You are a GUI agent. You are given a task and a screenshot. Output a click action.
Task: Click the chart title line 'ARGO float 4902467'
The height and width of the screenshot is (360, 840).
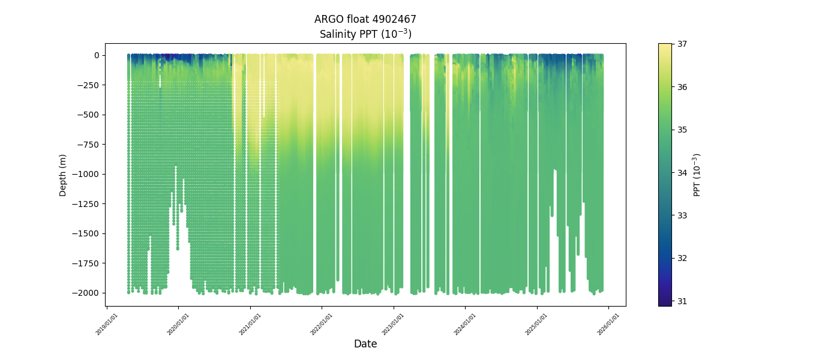(x=365, y=19)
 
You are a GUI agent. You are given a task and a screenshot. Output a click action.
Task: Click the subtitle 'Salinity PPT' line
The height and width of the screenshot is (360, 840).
(x=365, y=34)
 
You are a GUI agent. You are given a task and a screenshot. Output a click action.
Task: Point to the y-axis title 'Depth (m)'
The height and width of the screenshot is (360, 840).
(x=63, y=175)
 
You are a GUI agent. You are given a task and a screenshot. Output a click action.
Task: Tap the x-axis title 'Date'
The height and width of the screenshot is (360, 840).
(x=365, y=344)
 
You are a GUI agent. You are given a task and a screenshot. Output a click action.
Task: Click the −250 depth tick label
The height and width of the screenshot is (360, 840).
(x=89, y=85)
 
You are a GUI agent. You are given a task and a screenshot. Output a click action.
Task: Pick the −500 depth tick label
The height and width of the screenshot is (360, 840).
(x=89, y=115)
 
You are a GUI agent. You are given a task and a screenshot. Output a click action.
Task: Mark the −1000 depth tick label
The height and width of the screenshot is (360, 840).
(x=87, y=174)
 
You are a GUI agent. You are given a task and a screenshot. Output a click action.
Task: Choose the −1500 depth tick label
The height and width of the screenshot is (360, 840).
(x=87, y=233)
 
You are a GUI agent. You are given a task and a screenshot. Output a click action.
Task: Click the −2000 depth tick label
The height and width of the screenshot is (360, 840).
(x=87, y=293)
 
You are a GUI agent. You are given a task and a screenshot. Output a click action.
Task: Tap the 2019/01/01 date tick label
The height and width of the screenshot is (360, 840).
(x=107, y=324)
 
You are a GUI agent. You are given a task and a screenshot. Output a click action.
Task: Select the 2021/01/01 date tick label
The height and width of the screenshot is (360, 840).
(x=251, y=324)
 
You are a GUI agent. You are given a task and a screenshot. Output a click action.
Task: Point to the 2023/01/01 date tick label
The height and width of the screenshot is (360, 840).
(x=394, y=324)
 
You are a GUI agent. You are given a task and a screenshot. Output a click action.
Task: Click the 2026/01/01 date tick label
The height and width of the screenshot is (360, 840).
(x=609, y=324)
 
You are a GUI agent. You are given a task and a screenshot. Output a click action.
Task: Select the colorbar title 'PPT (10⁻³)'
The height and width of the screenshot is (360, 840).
(x=697, y=175)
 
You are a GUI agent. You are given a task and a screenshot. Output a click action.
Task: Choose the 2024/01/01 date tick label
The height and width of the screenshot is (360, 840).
(x=466, y=324)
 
